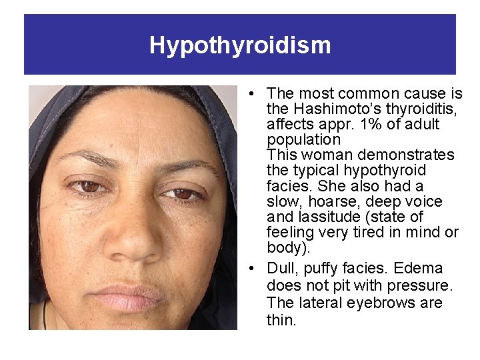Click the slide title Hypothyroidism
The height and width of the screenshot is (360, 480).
tap(240, 45)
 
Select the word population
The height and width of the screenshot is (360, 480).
tap(303, 139)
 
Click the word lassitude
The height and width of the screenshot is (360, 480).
tap(321, 217)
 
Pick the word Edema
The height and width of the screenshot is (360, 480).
tap(418, 268)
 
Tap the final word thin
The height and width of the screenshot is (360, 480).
tap(280, 319)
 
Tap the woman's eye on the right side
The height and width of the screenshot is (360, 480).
tap(182, 194)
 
